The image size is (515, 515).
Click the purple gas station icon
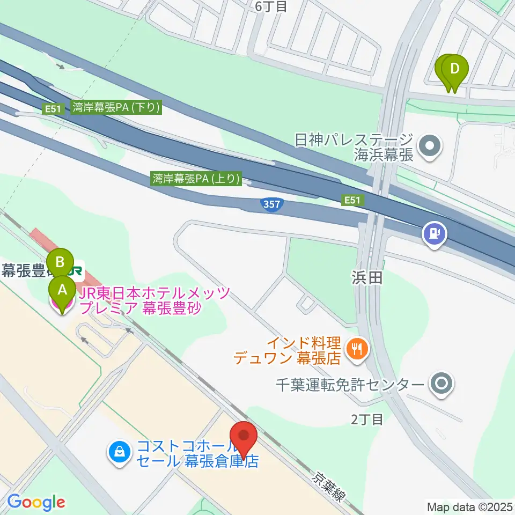[x=435, y=233]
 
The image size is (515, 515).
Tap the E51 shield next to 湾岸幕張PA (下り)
[x=52, y=109]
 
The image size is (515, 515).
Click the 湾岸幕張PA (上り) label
[x=196, y=178]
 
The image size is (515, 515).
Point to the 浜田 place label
[x=367, y=277]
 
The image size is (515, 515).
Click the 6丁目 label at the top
[x=271, y=6]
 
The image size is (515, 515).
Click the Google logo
[x=36, y=502]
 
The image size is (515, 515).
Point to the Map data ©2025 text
[x=469, y=506]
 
